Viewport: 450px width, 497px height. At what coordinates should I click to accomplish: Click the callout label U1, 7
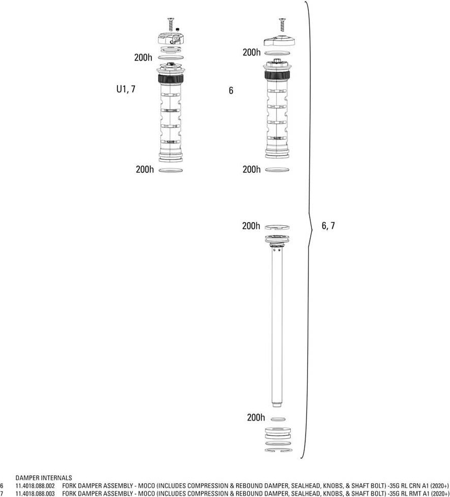(x=126, y=89)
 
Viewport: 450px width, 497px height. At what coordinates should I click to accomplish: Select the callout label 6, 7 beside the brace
(x=328, y=226)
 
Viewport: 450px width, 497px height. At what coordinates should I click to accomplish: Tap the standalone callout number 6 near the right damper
(x=231, y=91)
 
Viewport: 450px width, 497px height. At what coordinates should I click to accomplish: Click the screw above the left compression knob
(x=171, y=24)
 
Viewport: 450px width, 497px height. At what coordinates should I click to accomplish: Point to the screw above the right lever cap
(x=282, y=25)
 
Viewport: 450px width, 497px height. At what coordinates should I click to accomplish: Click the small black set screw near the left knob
(x=178, y=30)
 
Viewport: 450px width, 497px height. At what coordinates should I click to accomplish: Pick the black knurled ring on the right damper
(x=277, y=75)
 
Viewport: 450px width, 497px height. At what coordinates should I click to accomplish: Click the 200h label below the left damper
(x=145, y=170)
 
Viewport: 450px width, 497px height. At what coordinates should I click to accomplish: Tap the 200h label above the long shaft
(x=251, y=226)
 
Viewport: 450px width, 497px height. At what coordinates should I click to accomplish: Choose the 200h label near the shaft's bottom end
(x=256, y=417)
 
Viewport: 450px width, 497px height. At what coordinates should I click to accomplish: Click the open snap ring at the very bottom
(x=277, y=450)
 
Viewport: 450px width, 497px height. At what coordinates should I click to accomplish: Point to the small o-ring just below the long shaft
(x=278, y=419)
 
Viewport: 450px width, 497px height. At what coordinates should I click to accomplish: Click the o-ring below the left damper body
(x=171, y=171)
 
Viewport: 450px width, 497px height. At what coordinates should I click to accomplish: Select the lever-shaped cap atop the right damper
(x=279, y=41)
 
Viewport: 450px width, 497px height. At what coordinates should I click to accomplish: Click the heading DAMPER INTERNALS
(x=44, y=478)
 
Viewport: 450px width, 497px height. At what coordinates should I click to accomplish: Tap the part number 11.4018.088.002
(x=35, y=486)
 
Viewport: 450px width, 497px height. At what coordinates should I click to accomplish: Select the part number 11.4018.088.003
(x=35, y=493)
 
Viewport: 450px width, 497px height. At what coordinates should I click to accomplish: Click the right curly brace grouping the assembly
(x=308, y=229)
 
